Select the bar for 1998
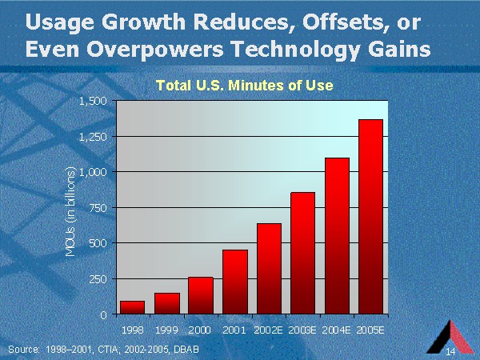(132, 307)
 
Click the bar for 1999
(166, 303)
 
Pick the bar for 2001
(235, 282)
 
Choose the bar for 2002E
(269, 269)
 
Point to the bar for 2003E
(303, 253)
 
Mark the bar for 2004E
(338, 236)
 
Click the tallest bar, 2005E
(371, 216)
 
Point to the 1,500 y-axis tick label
(93, 101)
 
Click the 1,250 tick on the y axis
(93, 137)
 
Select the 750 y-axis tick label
(97, 208)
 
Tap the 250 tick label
(97, 279)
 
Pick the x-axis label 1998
(132, 329)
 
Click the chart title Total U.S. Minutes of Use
(244, 84)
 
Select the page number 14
(451, 352)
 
